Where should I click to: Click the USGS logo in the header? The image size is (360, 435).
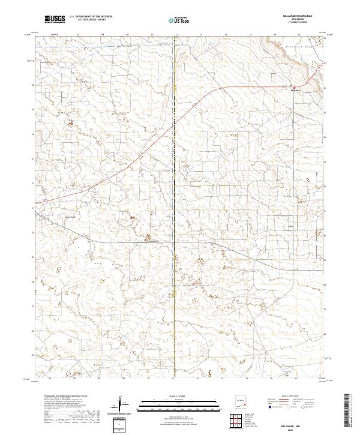[x=55, y=19]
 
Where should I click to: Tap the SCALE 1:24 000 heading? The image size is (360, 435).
[x=174, y=395]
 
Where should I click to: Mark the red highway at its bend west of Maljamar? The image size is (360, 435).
[x=211, y=91]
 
